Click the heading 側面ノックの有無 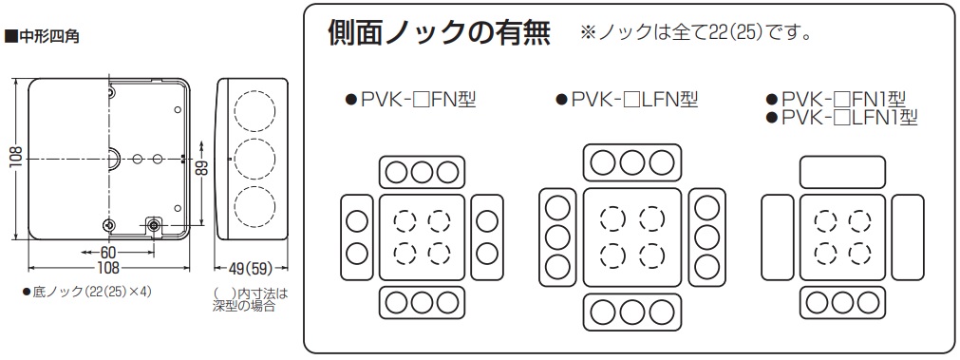tap(439, 32)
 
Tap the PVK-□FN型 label tap(410, 99)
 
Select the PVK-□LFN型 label tap(627, 99)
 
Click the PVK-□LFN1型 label tap(841, 117)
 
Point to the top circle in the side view tap(251, 109)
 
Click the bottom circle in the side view tap(251, 206)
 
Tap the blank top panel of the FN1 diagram tap(842, 171)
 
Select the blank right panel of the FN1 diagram tap(907, 237)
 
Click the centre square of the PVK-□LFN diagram tap(631, 237)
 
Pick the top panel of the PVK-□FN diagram tap(420, 171)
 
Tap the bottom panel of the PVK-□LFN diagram tap(631, 310)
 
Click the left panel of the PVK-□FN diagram tap(355, 237)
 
